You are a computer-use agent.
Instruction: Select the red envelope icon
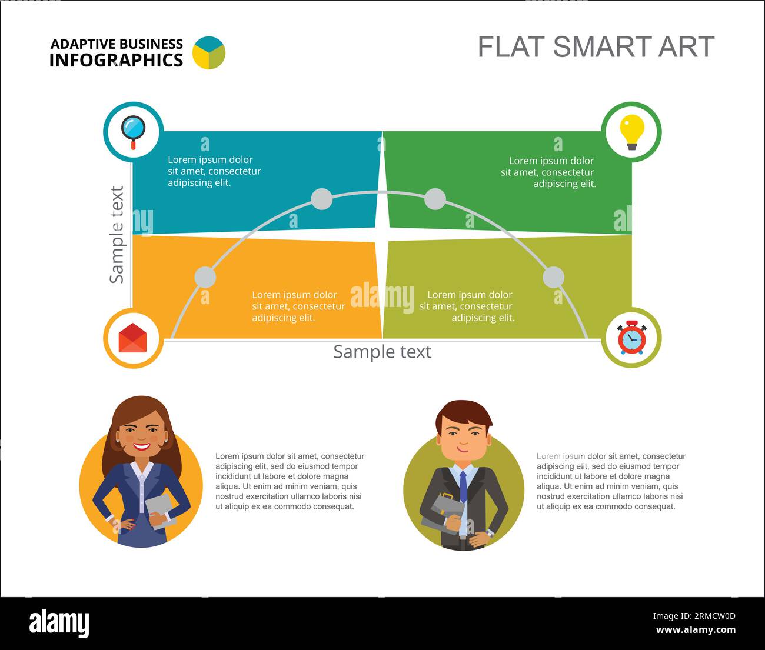coord(132,338)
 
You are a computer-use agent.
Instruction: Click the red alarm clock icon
coord(632,338)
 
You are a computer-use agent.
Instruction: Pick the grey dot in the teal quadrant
coord(322,199)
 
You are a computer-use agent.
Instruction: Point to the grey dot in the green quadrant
coord(435,199)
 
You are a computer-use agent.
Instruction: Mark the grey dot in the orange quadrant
coord(205,276)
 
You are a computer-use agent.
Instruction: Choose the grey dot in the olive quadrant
coord(553,276)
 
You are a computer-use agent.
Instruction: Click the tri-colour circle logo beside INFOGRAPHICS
coord(209,52)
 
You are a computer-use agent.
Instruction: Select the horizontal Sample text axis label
coord(382,351)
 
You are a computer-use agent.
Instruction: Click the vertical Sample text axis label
coord(117,235)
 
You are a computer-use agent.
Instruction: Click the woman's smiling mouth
coord(141,446)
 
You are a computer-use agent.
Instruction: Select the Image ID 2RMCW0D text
coord(694,616)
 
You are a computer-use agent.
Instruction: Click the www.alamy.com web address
coord(696,629)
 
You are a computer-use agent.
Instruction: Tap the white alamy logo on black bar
coord(59,622)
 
